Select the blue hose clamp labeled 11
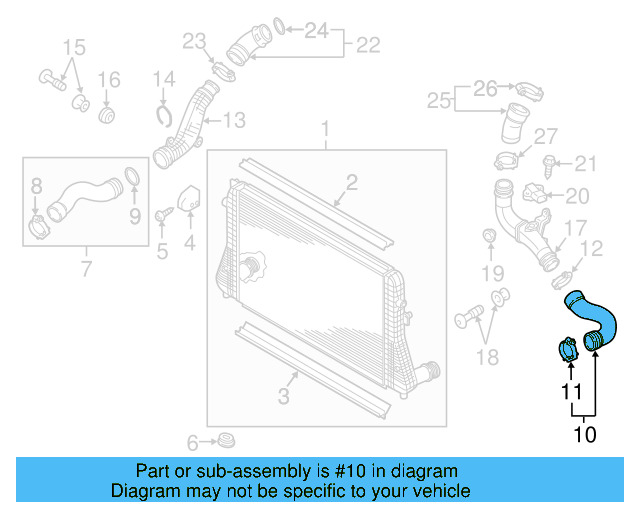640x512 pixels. pyautogui.click(x=568, y=351)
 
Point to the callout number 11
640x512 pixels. pyautogui.click(x=570, y=392)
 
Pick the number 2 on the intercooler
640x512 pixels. pyautogui.click(x=352, y=181)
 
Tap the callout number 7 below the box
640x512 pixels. pyautogui.click(x=86, y=268)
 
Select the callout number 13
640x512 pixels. pyautogui.click(x=233, y=121)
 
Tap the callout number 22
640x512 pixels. pyautogui.click(x=368, y=45)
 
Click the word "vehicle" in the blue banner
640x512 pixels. pyautogui.click(x=437, y=491)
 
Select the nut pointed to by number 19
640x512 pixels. pyautogui.click(x=490, y=236)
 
